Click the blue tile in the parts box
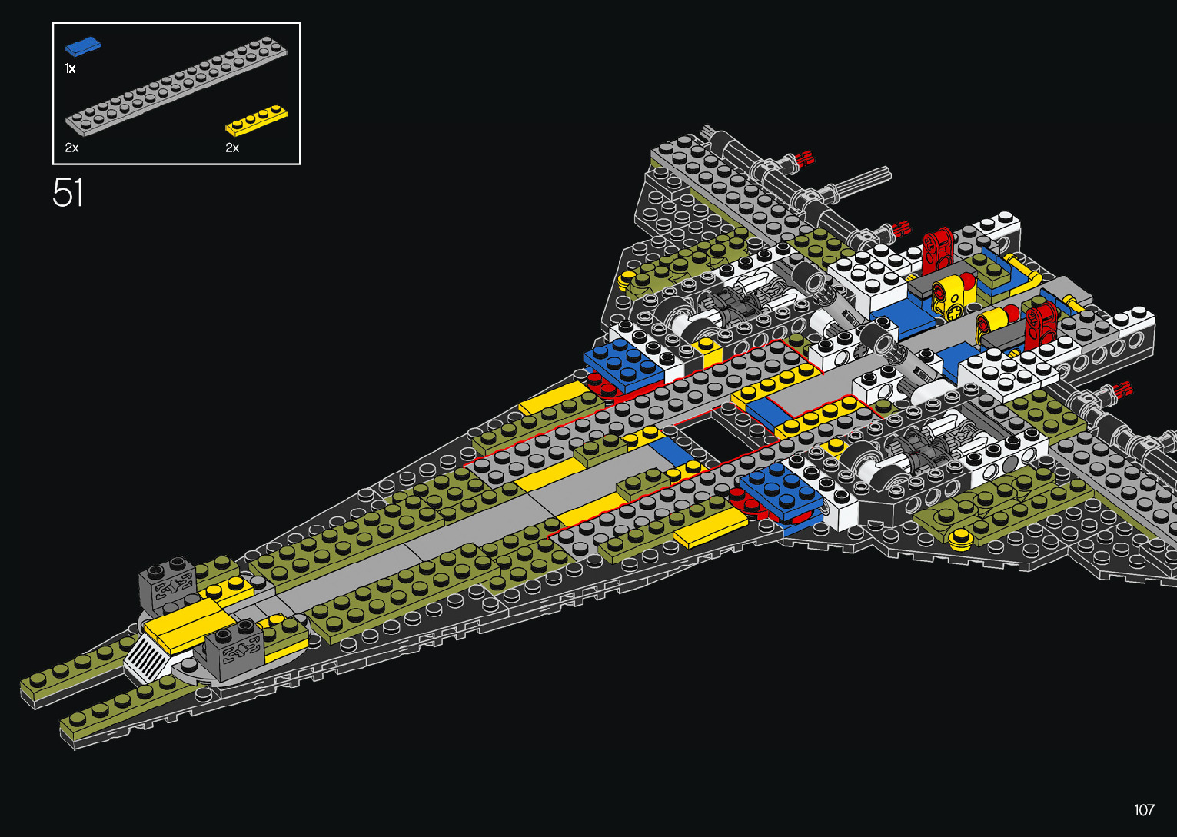pyautogui.click(x=83, y=47)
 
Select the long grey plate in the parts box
pyautogui.click(x=177, y=85)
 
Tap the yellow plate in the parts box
pyautogui.click(x=256, y=120)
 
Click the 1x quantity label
pyautogui.click(x=70, y=69)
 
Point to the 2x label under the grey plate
pyautogui.click(x=71, y=148)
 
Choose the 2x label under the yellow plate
pyautogui.click(x=232, y=148)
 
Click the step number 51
pyautogui.click(x=68, y=193)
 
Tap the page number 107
pyautogui.click(x=1144, y=810)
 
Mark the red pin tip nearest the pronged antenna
pyautogui.click(x=805, y=159)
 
